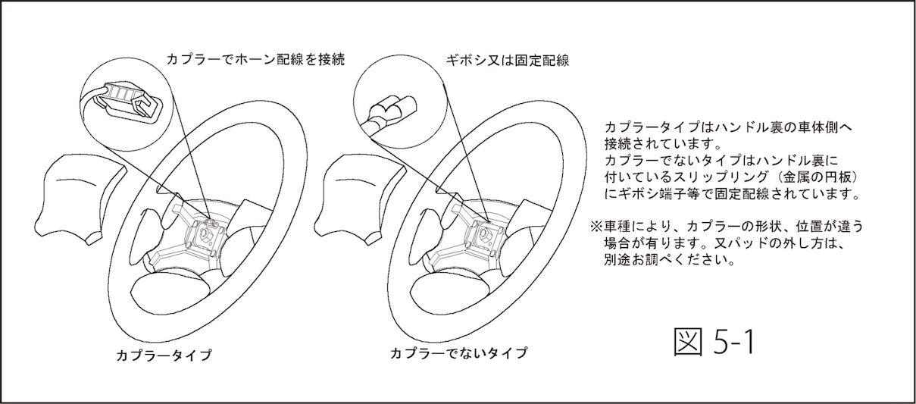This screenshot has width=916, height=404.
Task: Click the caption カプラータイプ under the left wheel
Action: click(x=164, y=355)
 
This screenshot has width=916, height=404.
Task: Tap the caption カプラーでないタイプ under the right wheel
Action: click(x=459, y=352)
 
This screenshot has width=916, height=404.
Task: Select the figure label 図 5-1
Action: click(x=714, y=343)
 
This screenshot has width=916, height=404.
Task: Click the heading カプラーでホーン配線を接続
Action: click(x=255, y=59)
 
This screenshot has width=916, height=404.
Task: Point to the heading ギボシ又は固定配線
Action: click(x=507, y=61)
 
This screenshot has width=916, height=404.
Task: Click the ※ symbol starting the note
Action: click(x=596, y=226)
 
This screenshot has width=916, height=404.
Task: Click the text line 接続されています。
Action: click(x=661, y=143)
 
